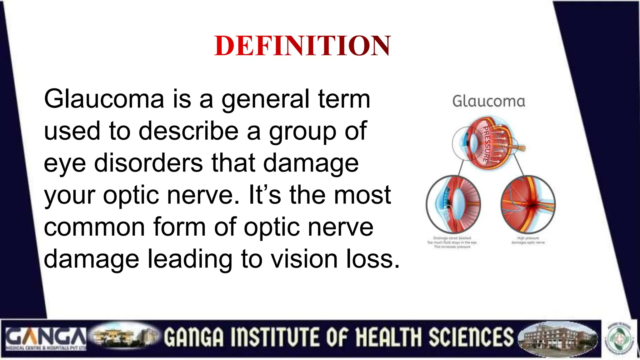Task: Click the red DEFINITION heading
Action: coord(302,46)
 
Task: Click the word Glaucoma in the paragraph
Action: coord(104,99)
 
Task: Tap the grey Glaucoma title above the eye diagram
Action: coord(488,102)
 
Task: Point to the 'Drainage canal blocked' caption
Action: coord(452,238)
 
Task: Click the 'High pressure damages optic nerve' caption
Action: coord(528,240)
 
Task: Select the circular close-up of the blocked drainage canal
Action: coord(453,204)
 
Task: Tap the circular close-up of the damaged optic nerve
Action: coord(528,204)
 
